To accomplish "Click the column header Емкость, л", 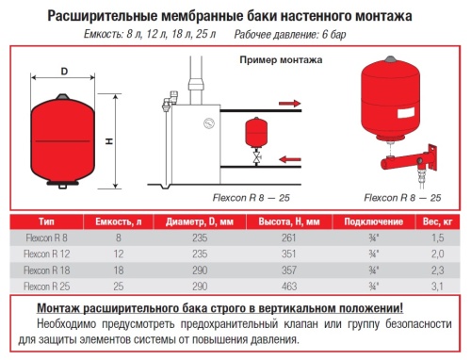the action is (x=117, y=221).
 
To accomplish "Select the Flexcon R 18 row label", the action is (x=39, y=269).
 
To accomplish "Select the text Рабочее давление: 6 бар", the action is (x=300, y=36).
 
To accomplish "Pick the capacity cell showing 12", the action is (x=117, y=253).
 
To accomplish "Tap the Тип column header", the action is (x=39, y=221).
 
